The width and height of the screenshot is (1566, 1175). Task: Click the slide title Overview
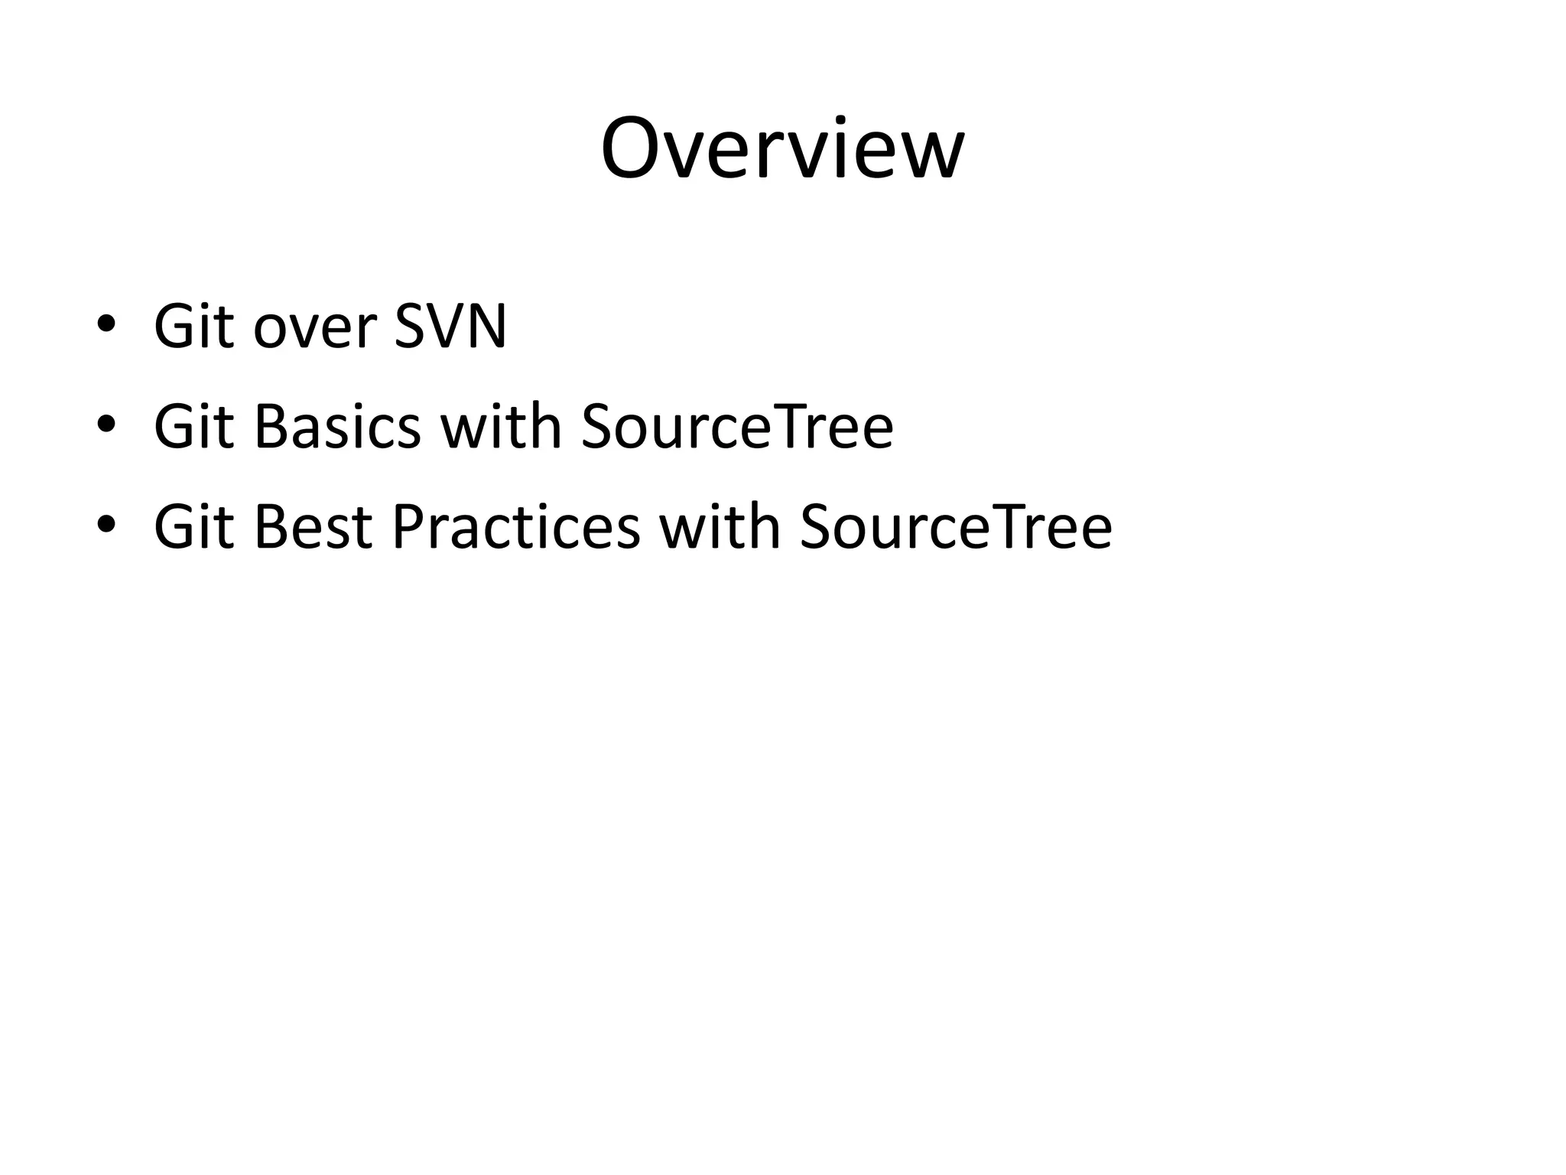pyautogui.click(x=782, y=149)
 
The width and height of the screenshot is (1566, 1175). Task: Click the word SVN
pyautogui.click(x=450, y=327)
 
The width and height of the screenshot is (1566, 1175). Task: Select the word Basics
pyautogui.click(x=337, y=427)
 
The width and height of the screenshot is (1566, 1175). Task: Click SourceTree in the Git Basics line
pyautogui.click(x=737, y=427)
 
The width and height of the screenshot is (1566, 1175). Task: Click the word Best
pyautogui.click(x=313, y=527)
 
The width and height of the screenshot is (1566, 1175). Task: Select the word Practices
pyautogui.click(x=515, y=527)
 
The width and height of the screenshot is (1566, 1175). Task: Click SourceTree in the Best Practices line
pyautogui.click(x=956, y=527)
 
